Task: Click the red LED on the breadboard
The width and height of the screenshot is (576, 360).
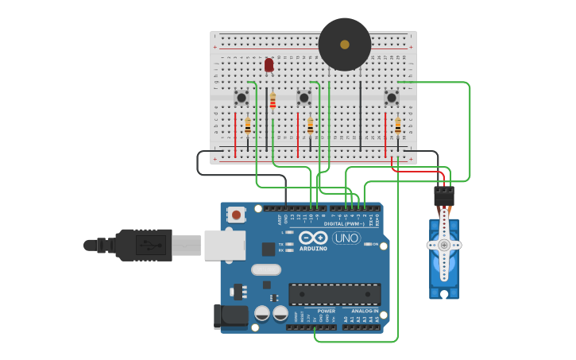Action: pyautogui.click(x=269, y=64)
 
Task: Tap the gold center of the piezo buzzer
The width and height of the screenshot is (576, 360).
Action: pyautogui.click(x=345, y=45)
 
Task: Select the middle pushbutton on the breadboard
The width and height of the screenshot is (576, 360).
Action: pyautogui.click(x=303, y=98)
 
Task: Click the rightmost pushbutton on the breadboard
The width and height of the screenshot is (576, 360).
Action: pyautogui.click(x=391, y=98)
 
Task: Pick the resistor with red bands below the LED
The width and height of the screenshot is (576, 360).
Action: pyautogui.click(x=273, y=102)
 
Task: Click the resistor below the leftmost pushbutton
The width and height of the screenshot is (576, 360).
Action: pyautogui.click(x=247, y=126)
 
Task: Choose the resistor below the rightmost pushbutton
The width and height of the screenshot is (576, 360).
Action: pyautogui.click(x=397, y=126)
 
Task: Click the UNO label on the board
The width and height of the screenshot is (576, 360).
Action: pyautogui.click(x=346, y=238)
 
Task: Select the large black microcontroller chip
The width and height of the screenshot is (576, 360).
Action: pyautogui.click(x=334, y=294)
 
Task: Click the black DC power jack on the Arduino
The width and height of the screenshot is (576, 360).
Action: pyautogui.click(x=230, y=315)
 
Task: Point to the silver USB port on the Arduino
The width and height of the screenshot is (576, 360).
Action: pyautogui.click(x=224, y=246)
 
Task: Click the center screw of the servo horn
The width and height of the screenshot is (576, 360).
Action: pyautogui.click(x=444, y=246)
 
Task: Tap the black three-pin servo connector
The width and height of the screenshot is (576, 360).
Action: pyautogui.click(x=444, y=195)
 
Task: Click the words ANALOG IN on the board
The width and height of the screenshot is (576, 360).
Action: pyautogui.click(x=365, y=311)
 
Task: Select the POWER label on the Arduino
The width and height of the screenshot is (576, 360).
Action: pyautogui.click(x=326, y=311)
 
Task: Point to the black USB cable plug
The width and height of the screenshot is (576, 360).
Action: pyautogui.click(x=143, y=245)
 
